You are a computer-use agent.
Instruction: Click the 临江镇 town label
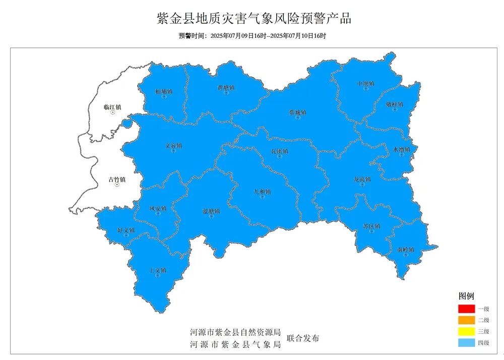pyautogui.click(x=112, y=107)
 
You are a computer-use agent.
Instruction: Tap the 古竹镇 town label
pyautogui.click(x=117, y=179)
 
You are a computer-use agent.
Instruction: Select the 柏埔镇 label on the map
pyautogui.click(x=164, y=92)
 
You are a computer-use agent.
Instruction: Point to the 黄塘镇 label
pyautogui.click(x=226, y=88)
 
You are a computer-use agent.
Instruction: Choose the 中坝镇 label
pyautogui.click(x=365, y=83)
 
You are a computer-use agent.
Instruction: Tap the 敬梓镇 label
pyautogui.click(x=395, y=104)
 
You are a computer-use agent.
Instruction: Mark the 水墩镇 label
pyautogui.click(x=402, y=149)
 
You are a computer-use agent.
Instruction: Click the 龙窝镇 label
pyautogui.click(x=362, y=179)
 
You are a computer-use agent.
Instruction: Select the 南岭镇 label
pyautogui.click(x=405, y=250)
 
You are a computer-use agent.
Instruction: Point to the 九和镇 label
pyautogui.click(x=262, y=192)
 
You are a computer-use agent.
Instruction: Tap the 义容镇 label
pyautogui.click(x=173, y=146)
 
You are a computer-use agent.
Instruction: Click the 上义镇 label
pyautogui.click(x=158, y=271)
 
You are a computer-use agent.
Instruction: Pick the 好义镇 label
pyautogui.click(x=126, y=230)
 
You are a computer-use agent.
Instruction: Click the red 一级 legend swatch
pyautogui.click(x=467, y=309)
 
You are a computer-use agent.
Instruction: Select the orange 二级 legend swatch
pyautogui.click(x=467, y=320)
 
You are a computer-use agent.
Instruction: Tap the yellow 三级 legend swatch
pyautogui.click(x=467, y=331)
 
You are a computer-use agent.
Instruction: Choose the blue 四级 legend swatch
pyautogui.click(x=467, y=342)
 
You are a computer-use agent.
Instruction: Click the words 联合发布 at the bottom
pyautogui.click(x=302, y=338)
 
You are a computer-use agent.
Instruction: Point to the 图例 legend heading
pyautogui.click(x=466, y=296)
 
